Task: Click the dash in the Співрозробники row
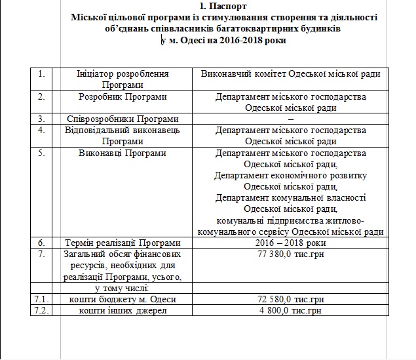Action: [x=290, y=119]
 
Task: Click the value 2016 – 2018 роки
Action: [x=290, y=242]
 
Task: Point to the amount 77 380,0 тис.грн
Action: [x=290, y=253]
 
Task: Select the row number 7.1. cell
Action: [x=41, y=299]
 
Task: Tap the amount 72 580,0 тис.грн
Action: [x=290, y=299]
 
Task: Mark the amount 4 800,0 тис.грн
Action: [x=290, y=310]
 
